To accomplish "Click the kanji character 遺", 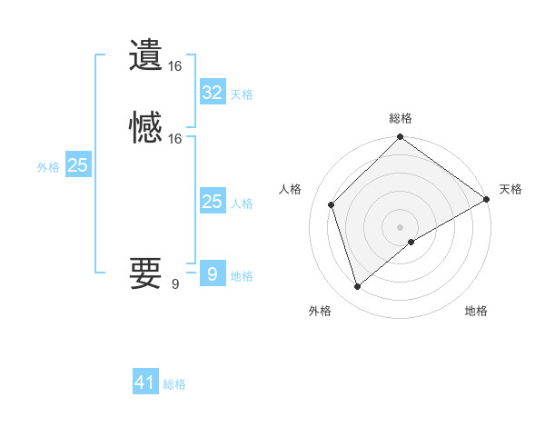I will pyautogui.click(x=145, y=55).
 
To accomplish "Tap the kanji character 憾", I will pyautogui.click(x=145, y=127).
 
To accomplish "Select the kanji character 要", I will pyautogui.click(x=145, y=272).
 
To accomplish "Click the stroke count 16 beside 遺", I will pyautogui.click(x=175, y=66).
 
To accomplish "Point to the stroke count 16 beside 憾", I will pyautogui.click(x=175, y=139).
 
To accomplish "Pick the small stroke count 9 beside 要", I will pyautogui.click(x=175, y=284).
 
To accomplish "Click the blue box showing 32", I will pyautogui.click(x=212, y=93).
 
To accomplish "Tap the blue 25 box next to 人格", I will pyautogui.click(x=212, y=202).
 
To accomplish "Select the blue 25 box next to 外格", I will pyautogui.click(x=78, y=165).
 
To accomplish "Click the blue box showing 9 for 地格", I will pyautogui.click(x=212, y=274).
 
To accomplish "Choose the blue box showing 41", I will pyautogui.click(x=145, y=382).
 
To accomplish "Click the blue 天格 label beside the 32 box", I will pyautogui.click(x=242, y=94).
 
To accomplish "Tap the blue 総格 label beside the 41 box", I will pyautogui.click(x=174, y=384).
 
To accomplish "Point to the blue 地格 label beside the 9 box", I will pyautogui.click(x=242, y=276).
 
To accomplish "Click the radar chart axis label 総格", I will pyautogui.click(x=401, y=118).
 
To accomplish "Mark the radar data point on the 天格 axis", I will pyautogui.click(x=487, y=199).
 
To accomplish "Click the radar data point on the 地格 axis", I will pyautogui.click(x=412, y=242).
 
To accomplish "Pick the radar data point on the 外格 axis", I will pyautogui.click(x=357, y=287).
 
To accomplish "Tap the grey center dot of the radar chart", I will pyautogui.click(x=401, y=226).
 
